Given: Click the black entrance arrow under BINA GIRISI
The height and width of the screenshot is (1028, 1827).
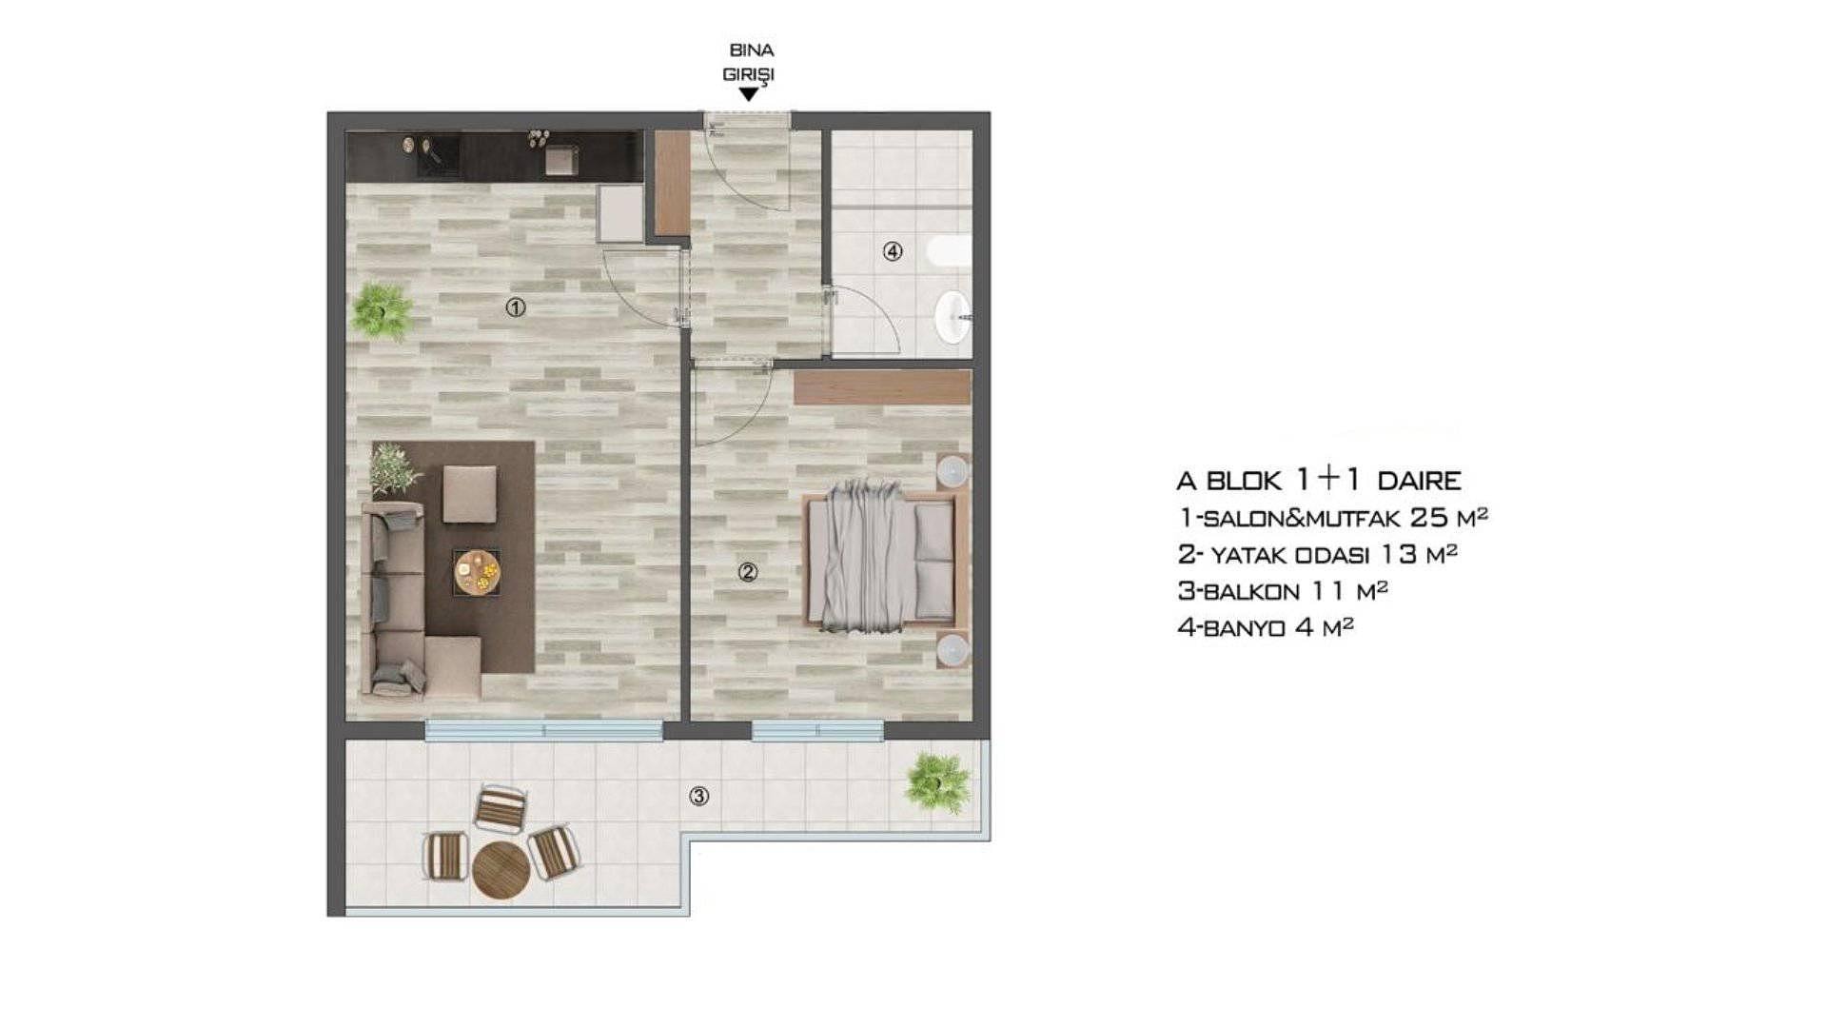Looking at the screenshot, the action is click(x=749, y=94).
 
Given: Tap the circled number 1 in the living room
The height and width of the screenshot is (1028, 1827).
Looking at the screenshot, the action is click(x=516, y=307).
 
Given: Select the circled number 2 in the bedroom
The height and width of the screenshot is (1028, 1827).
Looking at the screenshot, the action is click(x=748, y=572).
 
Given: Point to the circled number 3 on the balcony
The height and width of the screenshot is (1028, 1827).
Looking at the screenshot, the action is click(x=699, y=796).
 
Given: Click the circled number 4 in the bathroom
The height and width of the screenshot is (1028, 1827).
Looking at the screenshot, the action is click(x=892, y=251).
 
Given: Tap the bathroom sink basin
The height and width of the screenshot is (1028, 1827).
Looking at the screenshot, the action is click(x=953, y=316).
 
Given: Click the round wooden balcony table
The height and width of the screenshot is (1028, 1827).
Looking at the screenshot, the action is click(x=501, y=870).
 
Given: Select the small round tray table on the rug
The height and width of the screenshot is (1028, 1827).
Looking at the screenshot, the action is click(x=476, y=572).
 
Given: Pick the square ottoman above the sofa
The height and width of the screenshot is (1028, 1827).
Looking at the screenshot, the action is click(x=469, y=494).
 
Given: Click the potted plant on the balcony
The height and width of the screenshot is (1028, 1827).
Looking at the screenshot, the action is click(x=938, y=782).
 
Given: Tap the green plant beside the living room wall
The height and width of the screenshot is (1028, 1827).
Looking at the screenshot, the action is click(x=383, y=310).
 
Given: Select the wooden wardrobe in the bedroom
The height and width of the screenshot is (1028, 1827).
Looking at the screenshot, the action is click(x=882, y=387).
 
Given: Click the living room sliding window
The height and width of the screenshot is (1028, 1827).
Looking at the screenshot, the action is click(x=543, y=730).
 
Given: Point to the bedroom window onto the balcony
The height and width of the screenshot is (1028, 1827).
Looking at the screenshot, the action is click(x=817, y=730).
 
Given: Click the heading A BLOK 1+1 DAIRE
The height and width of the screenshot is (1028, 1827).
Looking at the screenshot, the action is click(x=1319, y=480).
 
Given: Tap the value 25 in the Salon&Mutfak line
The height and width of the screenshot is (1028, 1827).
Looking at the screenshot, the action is click(x=1429, y=518).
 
